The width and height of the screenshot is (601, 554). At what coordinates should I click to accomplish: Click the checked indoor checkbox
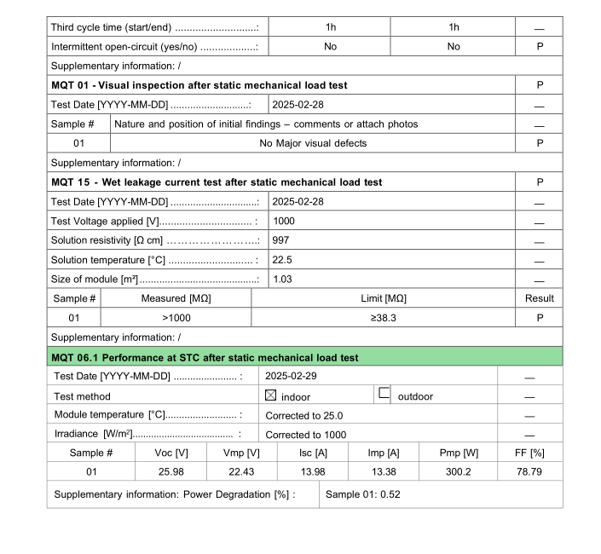pyautogui.click(x=271, y=395)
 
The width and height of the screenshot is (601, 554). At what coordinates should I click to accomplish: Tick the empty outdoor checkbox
pyautogui.click(x=384, y=394)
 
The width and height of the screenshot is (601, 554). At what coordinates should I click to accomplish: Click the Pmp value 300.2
pyautogui.click(x=459, y=471)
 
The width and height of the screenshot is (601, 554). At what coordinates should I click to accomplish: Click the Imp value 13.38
pyautogui.click(x=387, y=471)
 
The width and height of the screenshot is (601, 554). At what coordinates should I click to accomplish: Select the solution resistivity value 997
pyautogui.click(x=280, y=240)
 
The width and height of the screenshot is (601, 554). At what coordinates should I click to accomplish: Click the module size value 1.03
pyautogui.click(x=282, y=280)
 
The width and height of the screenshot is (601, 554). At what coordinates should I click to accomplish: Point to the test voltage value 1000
pyautogui.click(x=284, y=222)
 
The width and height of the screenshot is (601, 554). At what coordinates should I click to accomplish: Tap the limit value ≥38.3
pyautogui.click(x=384, y=318)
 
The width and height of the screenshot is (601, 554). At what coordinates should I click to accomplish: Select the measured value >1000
pyautogui.click(x=176, y=318)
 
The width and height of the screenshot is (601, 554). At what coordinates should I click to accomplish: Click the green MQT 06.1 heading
pyautogui.click(x=205, y=357)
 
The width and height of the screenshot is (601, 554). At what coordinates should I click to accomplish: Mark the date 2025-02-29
pyautogui.click(x=295, y=376)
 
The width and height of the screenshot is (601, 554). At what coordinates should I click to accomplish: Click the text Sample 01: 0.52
pyautogui.click(x=363, y=494)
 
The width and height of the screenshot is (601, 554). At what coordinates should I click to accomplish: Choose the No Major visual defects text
pyautogui.click(x=313, y=143)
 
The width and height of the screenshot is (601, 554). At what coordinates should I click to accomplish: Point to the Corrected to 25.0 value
pyautogui.click(x=304, y=415)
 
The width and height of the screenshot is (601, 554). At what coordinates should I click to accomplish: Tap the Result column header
pyautogui.click(x=539, y=298)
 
